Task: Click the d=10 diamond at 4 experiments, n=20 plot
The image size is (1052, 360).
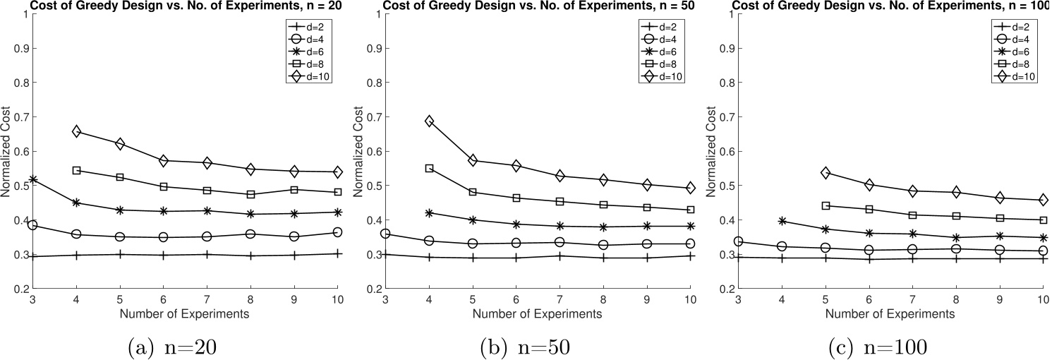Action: [x=76, y=131]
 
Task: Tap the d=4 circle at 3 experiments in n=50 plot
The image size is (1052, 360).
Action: [x=385, y=234]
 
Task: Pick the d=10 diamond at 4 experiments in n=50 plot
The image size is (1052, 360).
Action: [x=428, y=121]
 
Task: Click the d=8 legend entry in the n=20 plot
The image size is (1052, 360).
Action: [x=308, y=63]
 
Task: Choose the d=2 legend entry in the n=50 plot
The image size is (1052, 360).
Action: [x=660, y=27]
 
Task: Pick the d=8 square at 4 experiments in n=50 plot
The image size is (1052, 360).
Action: [x=428, y=169]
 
